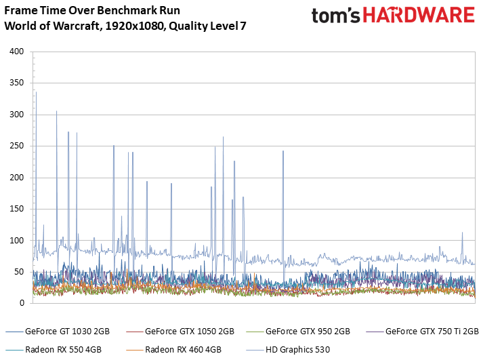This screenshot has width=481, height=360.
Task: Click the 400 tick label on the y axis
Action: click(x=17, y=52)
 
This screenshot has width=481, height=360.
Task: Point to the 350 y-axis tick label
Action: click(x=17, y=83)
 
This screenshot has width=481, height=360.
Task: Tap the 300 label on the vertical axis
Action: click(x=17, y=115)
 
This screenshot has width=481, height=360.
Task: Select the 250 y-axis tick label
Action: click(x=17, y=146)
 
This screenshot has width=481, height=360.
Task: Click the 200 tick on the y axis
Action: click(x=17, y=178)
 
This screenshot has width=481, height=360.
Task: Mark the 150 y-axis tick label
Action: click(x=17, y=209)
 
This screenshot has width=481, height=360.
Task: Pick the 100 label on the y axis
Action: click(x=17, y=241)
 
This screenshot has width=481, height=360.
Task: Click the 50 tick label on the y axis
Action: click(x=19, y=272)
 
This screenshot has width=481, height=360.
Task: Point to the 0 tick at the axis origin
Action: click(x=22, y=304)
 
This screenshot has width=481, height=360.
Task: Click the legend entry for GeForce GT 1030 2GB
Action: click(x=66, y=332)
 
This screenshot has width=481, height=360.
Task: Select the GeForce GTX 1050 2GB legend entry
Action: click(x=189, y=332)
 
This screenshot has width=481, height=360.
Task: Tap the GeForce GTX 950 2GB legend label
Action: click(x=308, y=332)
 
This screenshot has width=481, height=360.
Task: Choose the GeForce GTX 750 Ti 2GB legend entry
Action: click(x=431, y=332)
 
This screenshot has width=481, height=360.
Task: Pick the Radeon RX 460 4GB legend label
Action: click(x=182, y=350)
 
